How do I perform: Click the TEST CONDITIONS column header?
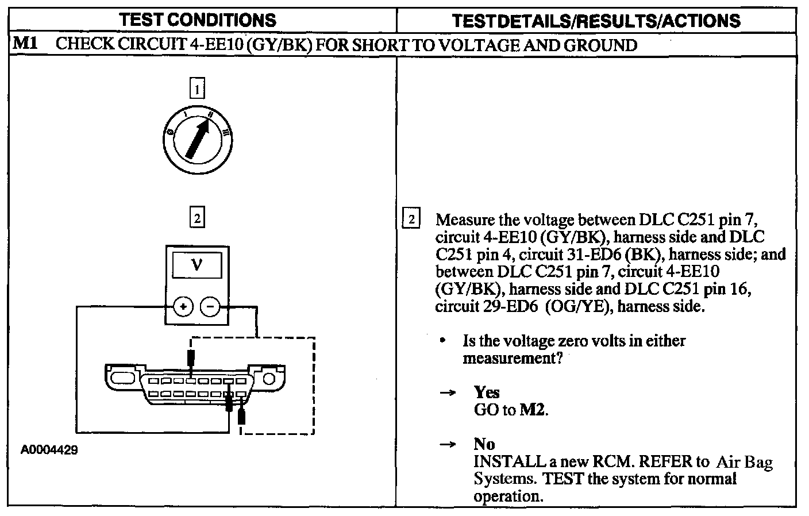(198, 20)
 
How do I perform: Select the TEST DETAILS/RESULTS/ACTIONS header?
(596, 21)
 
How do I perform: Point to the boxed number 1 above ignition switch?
(197, 89)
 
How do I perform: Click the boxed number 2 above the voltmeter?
(197, 218)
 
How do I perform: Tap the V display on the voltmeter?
(197, 265)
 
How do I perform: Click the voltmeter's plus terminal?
(183, 307)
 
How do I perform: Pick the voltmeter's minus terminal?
(210, 307)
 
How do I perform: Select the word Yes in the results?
(487, 392)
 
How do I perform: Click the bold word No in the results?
(484, 444)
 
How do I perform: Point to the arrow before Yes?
(447, 393)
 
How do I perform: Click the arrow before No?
(447, 445)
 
